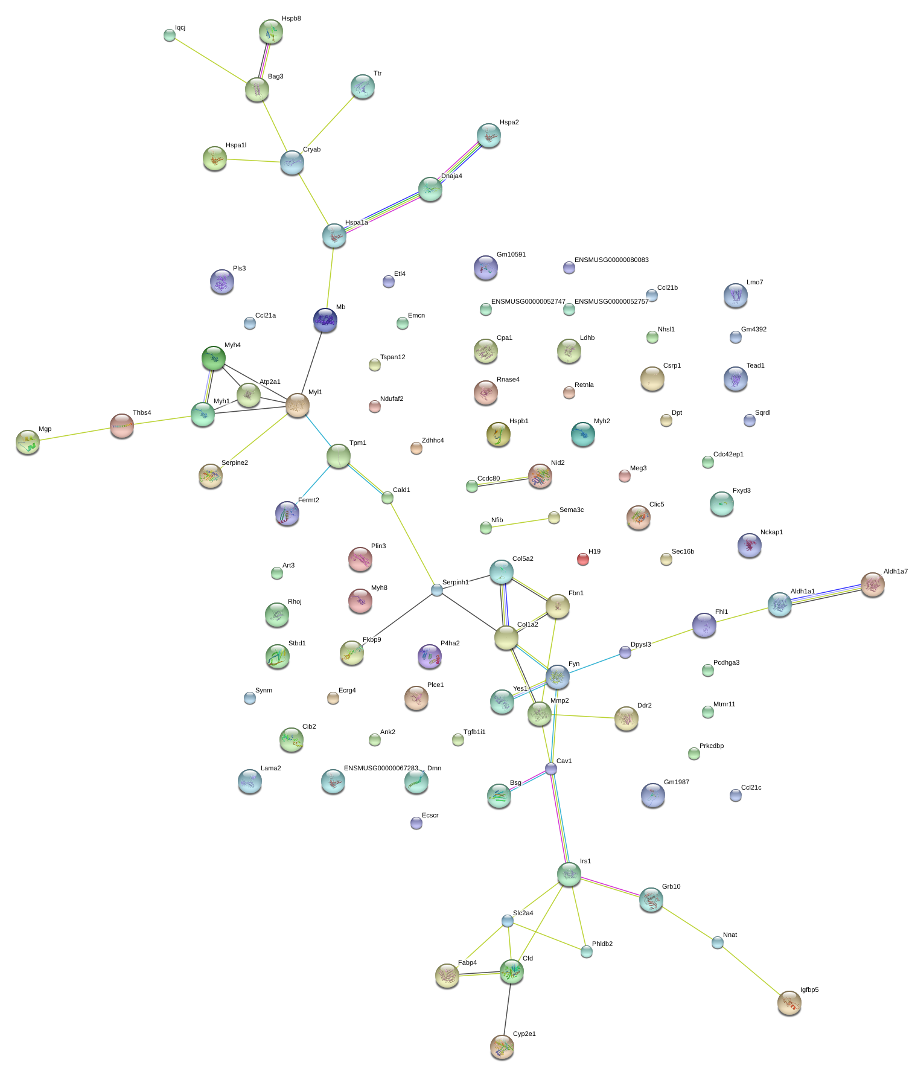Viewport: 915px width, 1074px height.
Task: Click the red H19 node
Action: [582, 559]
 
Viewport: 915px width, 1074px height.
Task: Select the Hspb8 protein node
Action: [270, 32]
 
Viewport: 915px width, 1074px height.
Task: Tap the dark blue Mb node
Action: [325, 321]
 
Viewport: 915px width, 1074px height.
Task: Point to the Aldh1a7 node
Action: [872, 584]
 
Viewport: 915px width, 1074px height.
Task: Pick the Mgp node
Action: [27, 443]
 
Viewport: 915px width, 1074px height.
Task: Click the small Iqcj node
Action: [169, 35]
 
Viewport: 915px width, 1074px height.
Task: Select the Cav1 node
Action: [551, 769]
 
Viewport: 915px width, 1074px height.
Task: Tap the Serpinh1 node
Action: [437, 590]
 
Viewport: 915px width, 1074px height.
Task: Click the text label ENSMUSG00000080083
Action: [611, 260]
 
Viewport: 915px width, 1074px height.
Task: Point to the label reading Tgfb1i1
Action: [474, 732]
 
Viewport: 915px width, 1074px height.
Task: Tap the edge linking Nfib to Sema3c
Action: [519, 522]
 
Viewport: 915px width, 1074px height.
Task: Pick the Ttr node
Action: [362, 87]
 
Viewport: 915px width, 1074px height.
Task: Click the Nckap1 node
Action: [749, 545]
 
